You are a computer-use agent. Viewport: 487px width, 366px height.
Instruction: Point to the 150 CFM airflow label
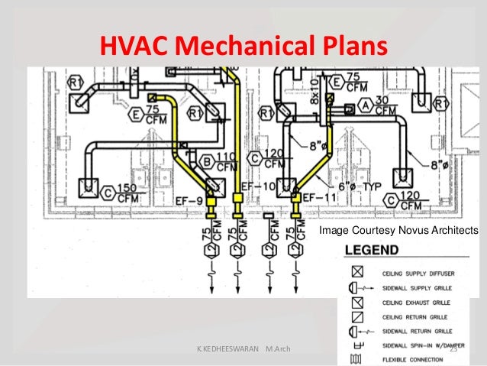pyautogui.click(x=129, y=193)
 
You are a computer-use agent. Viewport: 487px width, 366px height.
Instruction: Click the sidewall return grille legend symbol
pyautogui.click(x=356, y=332)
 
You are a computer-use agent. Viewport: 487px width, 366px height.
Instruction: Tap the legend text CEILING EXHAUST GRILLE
pyautogui.click(x=421, y=303)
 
